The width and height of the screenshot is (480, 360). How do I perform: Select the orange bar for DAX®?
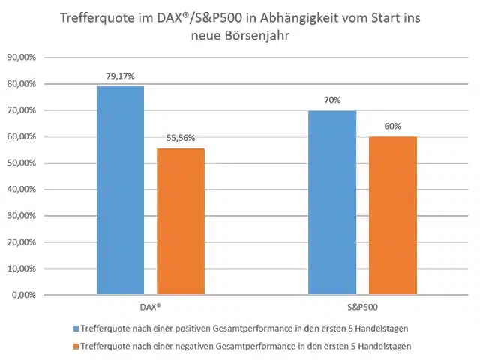pos(180,221)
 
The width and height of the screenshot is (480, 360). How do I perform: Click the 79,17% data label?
pos(120,76)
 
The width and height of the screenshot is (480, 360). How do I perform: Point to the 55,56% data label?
pos(180,138)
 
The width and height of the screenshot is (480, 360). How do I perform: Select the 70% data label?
pos(332,100)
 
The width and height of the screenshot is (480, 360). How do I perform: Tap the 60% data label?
pos(392,127)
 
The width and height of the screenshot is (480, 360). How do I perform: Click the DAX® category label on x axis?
pos(150,308)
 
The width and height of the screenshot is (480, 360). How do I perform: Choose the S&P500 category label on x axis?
pos(362,308)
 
